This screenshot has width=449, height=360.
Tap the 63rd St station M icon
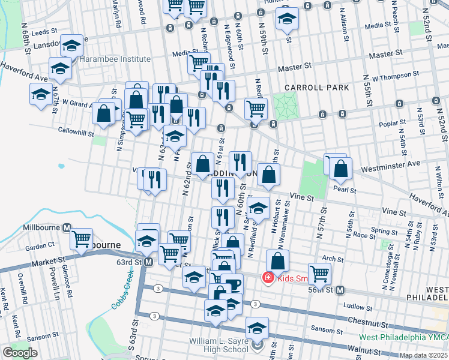tap(148, 262)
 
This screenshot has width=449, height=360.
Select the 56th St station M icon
tap(340, 290)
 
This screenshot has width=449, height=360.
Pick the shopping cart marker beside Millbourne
tap(82, 239)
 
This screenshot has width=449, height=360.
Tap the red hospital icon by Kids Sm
tap(268, 277)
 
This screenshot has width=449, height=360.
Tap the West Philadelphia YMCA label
tap(403, 337)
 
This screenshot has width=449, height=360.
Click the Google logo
tap(20, 353)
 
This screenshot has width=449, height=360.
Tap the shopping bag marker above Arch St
tap(277, 261)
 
